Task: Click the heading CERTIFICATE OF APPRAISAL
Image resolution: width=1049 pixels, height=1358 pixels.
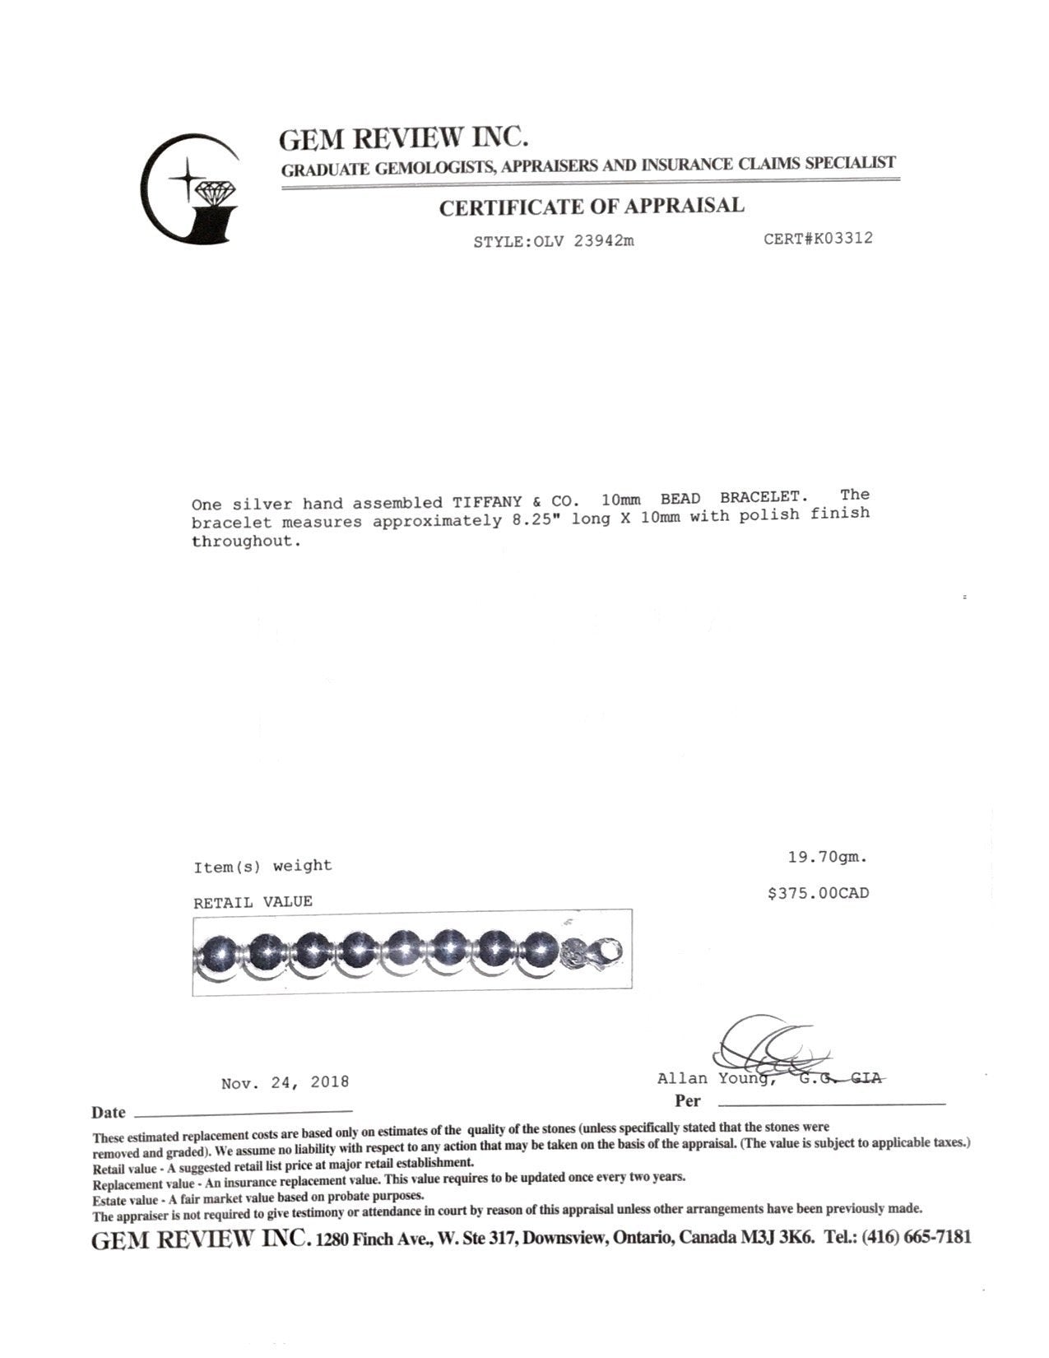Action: click(592, 207)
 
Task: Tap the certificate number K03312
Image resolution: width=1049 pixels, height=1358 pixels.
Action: click(838, 239)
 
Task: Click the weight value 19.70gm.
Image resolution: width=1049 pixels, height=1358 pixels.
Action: click(828, 858)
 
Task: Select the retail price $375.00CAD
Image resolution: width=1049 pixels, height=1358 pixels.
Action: click(818, 893)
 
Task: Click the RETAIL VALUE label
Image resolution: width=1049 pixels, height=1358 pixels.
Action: click(253, 902)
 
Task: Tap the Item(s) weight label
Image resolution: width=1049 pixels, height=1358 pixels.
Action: click(262, 866)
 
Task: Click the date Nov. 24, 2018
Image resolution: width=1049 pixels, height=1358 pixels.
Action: click(285, 1082)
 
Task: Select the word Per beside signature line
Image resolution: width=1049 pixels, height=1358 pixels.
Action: click(688, 1100)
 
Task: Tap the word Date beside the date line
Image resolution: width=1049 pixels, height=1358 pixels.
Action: click(109, 1113)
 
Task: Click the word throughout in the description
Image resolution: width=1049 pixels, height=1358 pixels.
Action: click(242, 542)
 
